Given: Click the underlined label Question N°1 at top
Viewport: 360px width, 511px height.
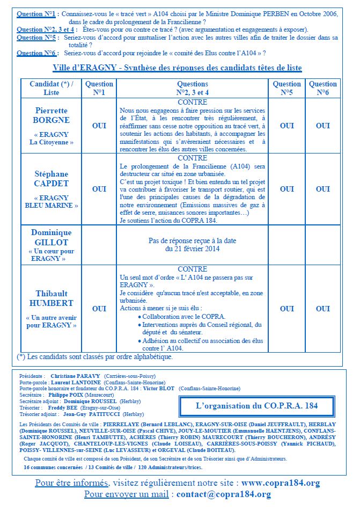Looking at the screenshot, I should tap(36, 14).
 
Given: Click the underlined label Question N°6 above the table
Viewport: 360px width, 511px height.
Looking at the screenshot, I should tap(36, 53).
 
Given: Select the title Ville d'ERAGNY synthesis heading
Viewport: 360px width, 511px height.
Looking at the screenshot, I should tap(177, 68).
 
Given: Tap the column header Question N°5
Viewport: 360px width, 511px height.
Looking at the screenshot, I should tap(286, 88).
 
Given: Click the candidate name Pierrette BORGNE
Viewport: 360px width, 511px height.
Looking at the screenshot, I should tap(52, 115).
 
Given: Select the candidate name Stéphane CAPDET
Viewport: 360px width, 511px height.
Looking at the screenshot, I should tap(52, 179).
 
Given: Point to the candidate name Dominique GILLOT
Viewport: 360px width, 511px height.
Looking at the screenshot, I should tap(52, 237).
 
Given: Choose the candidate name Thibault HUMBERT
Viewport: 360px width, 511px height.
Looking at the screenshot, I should tap(52, 298).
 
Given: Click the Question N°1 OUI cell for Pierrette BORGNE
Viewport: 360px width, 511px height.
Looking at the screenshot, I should tap(99, 126).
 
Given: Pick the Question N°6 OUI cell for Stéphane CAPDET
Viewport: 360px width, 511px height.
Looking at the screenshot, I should tap(322, 189).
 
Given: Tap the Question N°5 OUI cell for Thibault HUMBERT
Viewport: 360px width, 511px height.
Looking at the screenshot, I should tap(286, 309).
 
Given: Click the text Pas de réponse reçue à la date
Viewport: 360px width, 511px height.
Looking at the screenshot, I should tap(192, 241).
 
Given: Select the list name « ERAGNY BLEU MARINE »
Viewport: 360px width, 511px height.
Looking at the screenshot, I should tap(52, 202).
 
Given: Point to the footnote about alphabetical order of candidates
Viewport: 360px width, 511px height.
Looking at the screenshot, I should tap(95, 356).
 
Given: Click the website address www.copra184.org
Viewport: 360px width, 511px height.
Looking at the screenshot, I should tap(281, 483).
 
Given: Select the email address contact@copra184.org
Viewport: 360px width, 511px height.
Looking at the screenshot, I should tap(223, 494).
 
